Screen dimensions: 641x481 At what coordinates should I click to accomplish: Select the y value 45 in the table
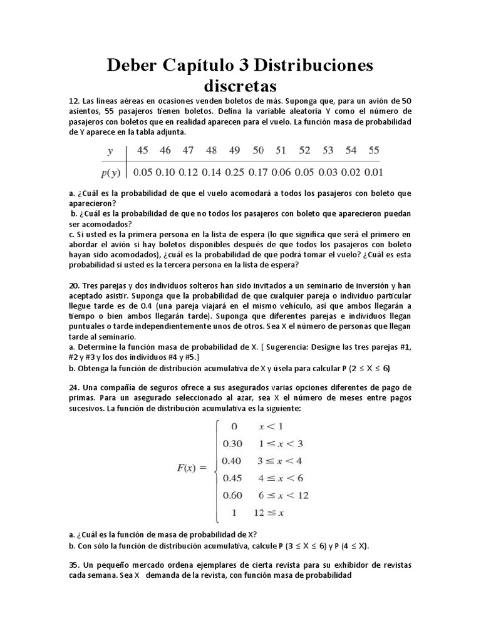click(143, 151)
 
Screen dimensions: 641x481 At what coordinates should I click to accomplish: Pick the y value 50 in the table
click(257, 151)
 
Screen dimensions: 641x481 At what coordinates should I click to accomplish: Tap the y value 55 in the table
click(373, 151)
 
